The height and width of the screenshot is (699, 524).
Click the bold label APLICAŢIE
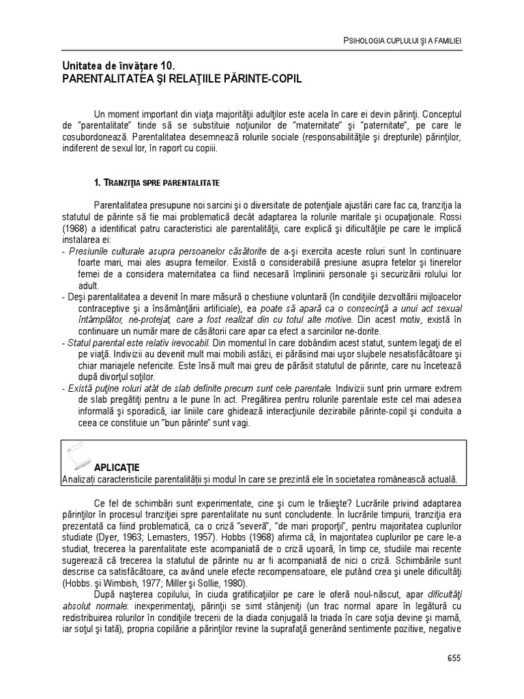tap(117, 468)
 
